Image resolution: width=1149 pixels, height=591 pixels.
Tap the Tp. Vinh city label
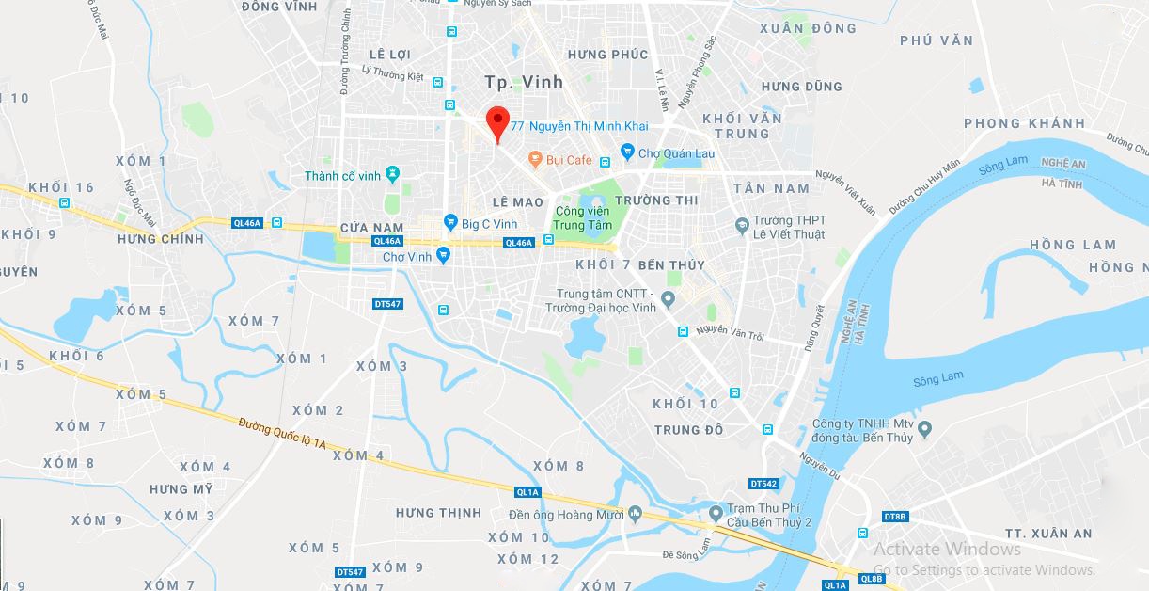(x=524, y=82)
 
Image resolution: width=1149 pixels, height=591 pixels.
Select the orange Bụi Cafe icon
(x=535, y=160)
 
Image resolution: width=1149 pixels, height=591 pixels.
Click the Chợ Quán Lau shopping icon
(x=627, y=152)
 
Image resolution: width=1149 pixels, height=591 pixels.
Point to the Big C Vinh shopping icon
(x=450, y=223)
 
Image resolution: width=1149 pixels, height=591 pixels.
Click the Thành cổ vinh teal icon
(x=393, y=175)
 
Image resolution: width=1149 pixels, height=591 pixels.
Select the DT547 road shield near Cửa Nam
(x=387, y=304)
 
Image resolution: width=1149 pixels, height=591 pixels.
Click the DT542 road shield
(x=764, y=484)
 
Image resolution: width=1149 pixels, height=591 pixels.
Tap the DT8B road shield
(x=895, y=516)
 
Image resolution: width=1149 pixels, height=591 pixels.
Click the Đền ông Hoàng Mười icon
(x=636, y=514)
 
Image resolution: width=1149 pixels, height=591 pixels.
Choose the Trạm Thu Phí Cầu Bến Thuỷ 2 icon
(x=716, y=514)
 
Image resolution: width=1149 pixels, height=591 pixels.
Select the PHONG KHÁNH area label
(x=1024, y=123)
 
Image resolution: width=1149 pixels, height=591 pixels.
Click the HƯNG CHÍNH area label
(x=160, y=239)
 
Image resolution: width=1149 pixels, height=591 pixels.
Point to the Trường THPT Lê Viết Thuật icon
(x=742, y=226)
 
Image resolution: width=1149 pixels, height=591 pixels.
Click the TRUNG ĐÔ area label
(x=689, y=430)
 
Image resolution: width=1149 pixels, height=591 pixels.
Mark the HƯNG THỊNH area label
(x=438, y=513)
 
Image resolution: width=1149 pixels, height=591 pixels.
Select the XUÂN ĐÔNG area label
(x=808, y=28)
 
